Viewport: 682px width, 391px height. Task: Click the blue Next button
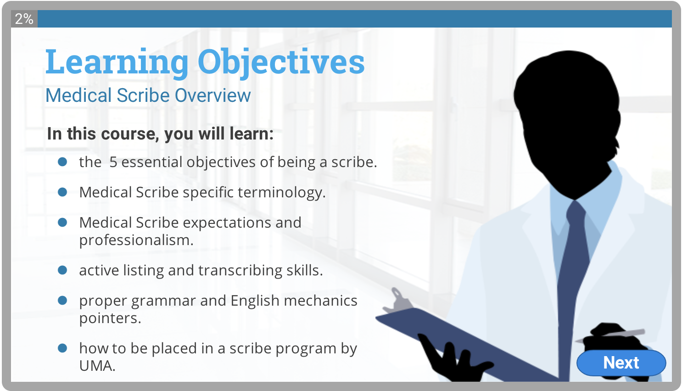pyautogui.click(x=621, y=363)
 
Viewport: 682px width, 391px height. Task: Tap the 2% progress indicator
pyautogui.click(x=24, y=19)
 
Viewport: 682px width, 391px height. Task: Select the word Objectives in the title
pyautogui.click(x=281, y=62)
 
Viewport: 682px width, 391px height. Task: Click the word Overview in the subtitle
pyautogui.click(x=213, y=95)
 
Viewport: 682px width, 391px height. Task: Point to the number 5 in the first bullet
pyautogui.click(x=113, y=162)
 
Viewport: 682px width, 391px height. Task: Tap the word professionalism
pyautogui.click(x=136, y=240)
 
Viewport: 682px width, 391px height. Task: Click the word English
pyautogui.click(x=255, y=301)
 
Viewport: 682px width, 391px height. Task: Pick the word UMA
pyautogui.click(x=97, y=366)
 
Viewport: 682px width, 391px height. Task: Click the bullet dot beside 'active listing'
pyautogui.click(x=62, y=270)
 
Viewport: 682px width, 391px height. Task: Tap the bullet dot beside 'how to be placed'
pyautogui.click(x=62, y=348)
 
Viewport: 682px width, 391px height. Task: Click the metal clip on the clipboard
pyautogui.click(x=399, y=302)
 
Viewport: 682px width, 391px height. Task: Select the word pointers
pyautogui.click(x=110, y=318)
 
